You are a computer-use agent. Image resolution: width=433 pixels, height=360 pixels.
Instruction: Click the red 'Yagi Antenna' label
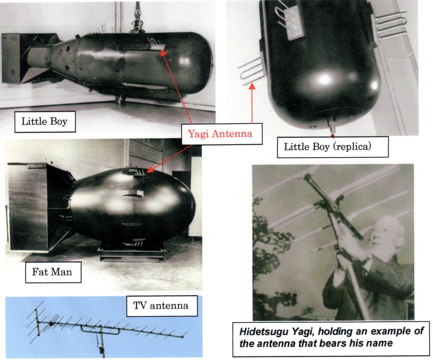point(220,134)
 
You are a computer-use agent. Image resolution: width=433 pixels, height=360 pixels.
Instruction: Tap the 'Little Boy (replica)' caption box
point(332,147)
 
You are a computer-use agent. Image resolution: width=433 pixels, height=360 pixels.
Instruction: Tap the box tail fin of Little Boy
point(27,58)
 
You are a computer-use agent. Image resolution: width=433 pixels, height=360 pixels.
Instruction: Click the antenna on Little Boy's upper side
point(156,44)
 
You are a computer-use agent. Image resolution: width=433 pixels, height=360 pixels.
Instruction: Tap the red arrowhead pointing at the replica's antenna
point(252,86)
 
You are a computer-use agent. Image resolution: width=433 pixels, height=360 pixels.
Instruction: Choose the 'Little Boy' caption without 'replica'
point(45,122)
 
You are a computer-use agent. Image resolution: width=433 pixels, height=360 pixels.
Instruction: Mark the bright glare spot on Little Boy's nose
point(184,61)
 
